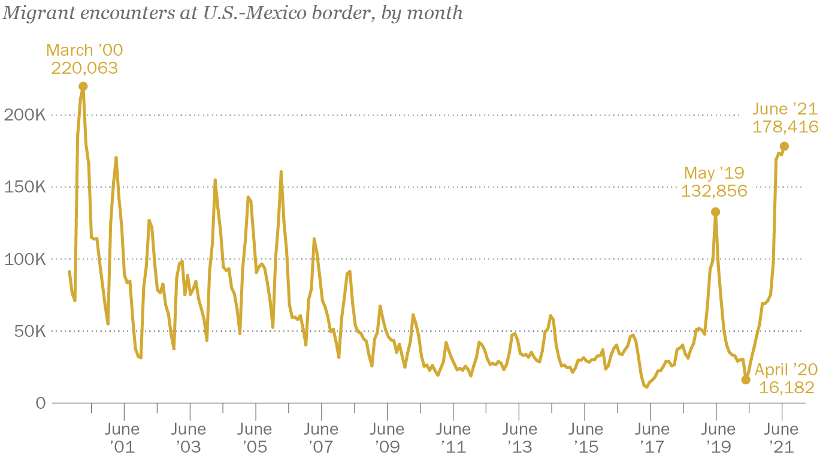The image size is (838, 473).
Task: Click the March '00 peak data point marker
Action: (83, 86)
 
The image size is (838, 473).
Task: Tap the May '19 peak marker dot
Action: (715, 212)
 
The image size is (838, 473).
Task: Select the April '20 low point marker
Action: (746, 379)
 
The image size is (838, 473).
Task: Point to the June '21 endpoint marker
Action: (784, 146)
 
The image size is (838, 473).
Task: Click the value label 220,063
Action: (84, 68)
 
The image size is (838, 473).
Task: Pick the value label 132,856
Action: (714, 191)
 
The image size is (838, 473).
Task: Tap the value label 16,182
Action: (786, 388)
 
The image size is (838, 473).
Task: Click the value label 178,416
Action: (785, 127)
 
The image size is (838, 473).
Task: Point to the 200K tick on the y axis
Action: (25, 115)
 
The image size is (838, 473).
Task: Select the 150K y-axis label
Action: (25, 187)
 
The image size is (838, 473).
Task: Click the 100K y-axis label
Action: (25, 259)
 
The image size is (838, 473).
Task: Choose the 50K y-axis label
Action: (29, 331)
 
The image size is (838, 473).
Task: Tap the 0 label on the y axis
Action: (40, 403)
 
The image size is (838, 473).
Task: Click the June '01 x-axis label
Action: (122, 438)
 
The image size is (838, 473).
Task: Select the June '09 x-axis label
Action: (387, 438)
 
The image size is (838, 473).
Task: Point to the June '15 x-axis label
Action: (585, 438)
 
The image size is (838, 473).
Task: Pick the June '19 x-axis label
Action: (718, 438)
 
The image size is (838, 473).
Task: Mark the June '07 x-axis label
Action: (321, 438)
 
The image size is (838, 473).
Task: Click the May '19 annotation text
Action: (714, 173)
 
